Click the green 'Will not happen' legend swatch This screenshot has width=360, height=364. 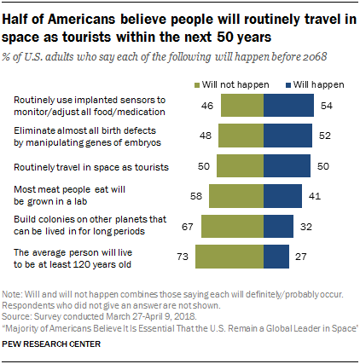200,85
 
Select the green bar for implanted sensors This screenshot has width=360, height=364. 242,106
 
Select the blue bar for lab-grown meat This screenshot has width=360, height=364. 281,196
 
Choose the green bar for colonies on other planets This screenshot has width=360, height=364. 233,226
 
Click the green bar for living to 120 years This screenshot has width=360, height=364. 229,256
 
